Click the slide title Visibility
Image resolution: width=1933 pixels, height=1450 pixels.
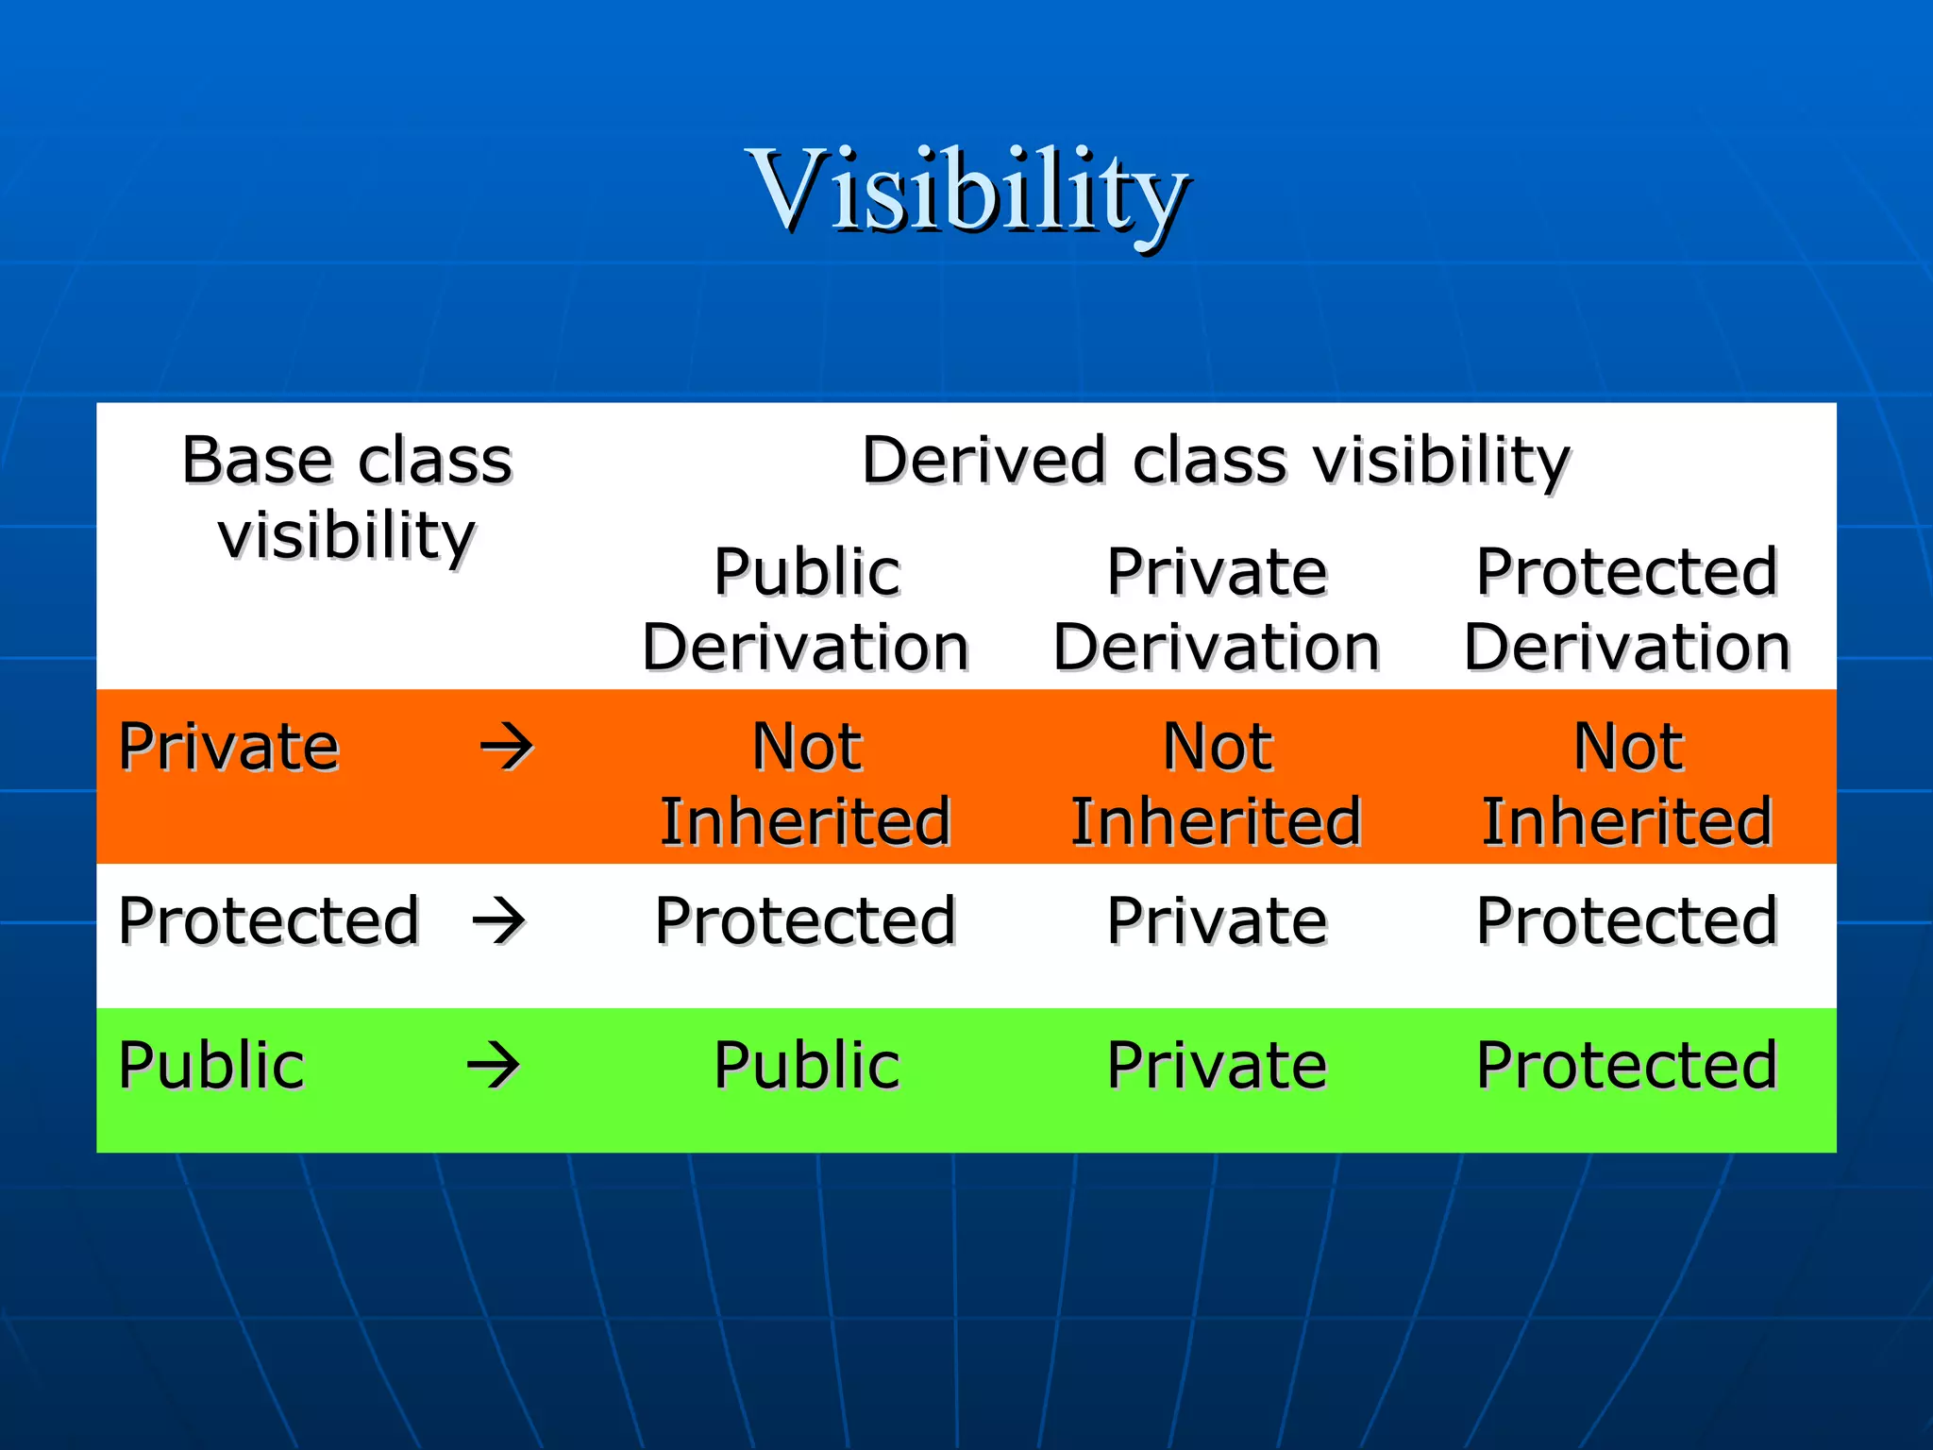pyautogui.click(x=966, y=192)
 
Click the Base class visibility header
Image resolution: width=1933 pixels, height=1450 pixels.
pyautogui.click(x=346, y=497)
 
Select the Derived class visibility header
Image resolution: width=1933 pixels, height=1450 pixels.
pyautogui.click(x=1216, y=461)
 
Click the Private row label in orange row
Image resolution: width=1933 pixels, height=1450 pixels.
pyautogui.click(x=228, y=747)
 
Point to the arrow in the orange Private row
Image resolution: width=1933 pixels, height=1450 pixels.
pyautogui.click(x=507, y=748)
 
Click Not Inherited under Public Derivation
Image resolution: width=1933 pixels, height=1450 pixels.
pyautogui.click(x=806, y=784)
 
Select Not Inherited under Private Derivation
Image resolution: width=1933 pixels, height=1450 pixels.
pyautogui.click(x=1217, y=784)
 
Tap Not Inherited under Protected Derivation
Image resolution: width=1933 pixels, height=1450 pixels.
pyautogui.click(x=1627, y=784)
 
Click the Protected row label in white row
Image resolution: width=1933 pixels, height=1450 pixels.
pyautogui.click(x=268, y=920)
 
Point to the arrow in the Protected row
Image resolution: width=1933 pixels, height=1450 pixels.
pyautogui.click(x=499, y=920)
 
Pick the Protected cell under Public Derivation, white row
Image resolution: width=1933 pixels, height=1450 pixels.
pyautogui.click(x=806, y=920)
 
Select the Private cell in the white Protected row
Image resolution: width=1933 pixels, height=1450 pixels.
pyautogui.click(x=1217, y=920)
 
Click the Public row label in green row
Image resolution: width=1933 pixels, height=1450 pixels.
pyautogui.click(x=211, y=1065)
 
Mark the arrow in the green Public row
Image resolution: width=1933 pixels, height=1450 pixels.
pyautogui.click(x=494, y=1067)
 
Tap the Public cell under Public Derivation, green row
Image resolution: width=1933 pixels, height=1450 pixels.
pyautogui.click(x=806, y=1065)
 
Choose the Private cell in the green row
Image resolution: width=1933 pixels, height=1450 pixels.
pyautogui.click(x=1217, y=1065)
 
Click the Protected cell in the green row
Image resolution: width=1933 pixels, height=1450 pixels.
pyautogui.click(x=1627, y=1065)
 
